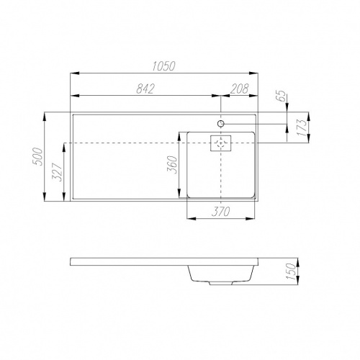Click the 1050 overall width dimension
coord(164,66)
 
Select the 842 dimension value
coord(145,89)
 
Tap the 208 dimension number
coord(239,89)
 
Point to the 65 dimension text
coord(283,96)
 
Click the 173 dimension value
coord(303,127)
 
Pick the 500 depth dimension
coord(37,156)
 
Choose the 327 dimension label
coord(58,172)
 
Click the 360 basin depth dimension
coord(172,165)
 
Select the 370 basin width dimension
coord(220,211)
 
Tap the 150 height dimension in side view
coord(291,271)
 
